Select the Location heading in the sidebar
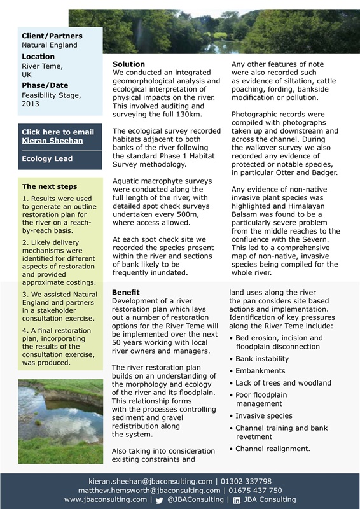38,56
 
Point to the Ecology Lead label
47,158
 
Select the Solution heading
128,64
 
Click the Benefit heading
126,291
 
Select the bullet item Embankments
260,371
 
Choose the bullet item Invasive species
264,415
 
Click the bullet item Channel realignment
272,449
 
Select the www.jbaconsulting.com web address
106,500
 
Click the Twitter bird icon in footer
160,501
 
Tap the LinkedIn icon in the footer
237,501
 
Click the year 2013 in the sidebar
31,103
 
